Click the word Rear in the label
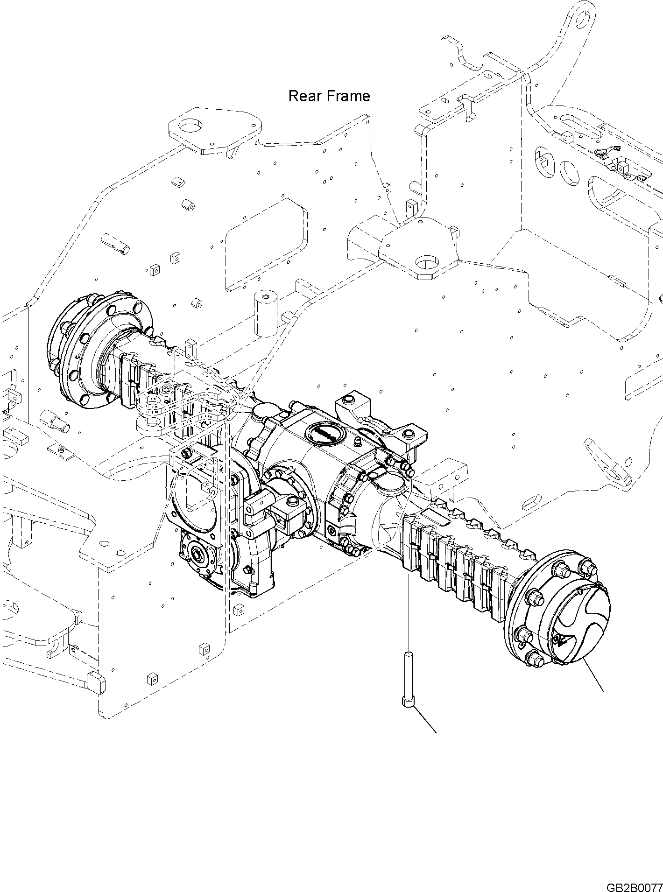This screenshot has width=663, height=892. coord(304,96)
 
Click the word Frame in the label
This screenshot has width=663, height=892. coord(347,96)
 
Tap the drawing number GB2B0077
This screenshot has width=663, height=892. coord(634,885)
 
